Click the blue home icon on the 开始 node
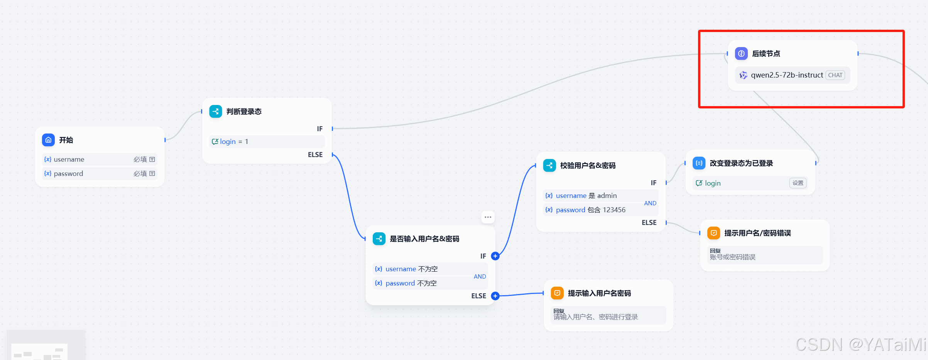(48, 140)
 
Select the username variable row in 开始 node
(99, 159)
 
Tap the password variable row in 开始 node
(99, 174)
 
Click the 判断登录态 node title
(244, 112)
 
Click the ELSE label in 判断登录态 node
(315, 155)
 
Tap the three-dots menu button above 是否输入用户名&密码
(488, 217)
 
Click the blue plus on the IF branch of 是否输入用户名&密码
(495, 256)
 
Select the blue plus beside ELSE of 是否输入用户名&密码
(495, 296)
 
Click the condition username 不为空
(411, 269)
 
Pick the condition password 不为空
(411, 283)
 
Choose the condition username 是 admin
(586, 196)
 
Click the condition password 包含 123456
(590, 210)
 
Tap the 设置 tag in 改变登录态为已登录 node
(798, 183)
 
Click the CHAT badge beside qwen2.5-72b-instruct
(835, 75)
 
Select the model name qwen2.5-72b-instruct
(787, 75)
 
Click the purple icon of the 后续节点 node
(741, 54)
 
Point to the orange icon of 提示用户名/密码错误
(713, 233)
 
